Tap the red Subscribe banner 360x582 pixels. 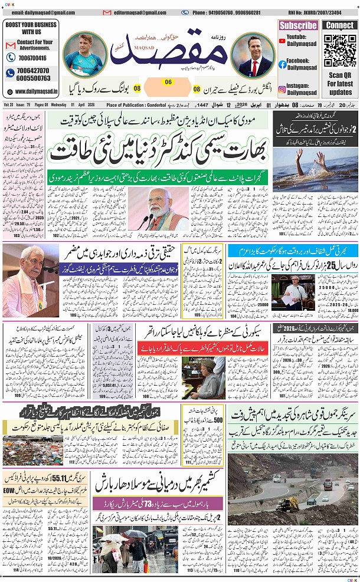tap(298, 25)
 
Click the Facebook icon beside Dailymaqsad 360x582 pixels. tap(283, 64)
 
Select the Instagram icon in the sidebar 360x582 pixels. tap(283, 90)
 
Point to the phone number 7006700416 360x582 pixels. tap(33, 58)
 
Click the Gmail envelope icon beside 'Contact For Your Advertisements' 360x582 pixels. tap(10, 45)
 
